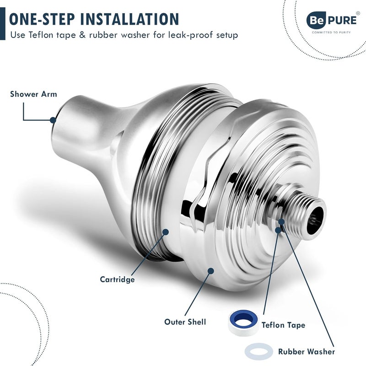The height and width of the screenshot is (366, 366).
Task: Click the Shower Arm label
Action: (33, 94)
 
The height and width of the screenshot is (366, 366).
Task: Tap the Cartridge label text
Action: (117, 279)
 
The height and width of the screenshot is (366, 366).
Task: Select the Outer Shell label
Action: (185, 322)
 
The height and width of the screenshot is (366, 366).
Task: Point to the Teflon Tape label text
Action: (283, 325)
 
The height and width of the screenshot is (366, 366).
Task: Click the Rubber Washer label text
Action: (306, 352)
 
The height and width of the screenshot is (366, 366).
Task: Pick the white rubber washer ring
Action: (259, 351)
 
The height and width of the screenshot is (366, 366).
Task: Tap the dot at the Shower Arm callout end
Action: (53, 120)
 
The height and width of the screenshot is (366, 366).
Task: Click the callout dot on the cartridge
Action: (166, 232)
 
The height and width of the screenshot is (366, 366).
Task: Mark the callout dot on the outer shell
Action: (211, 271)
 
